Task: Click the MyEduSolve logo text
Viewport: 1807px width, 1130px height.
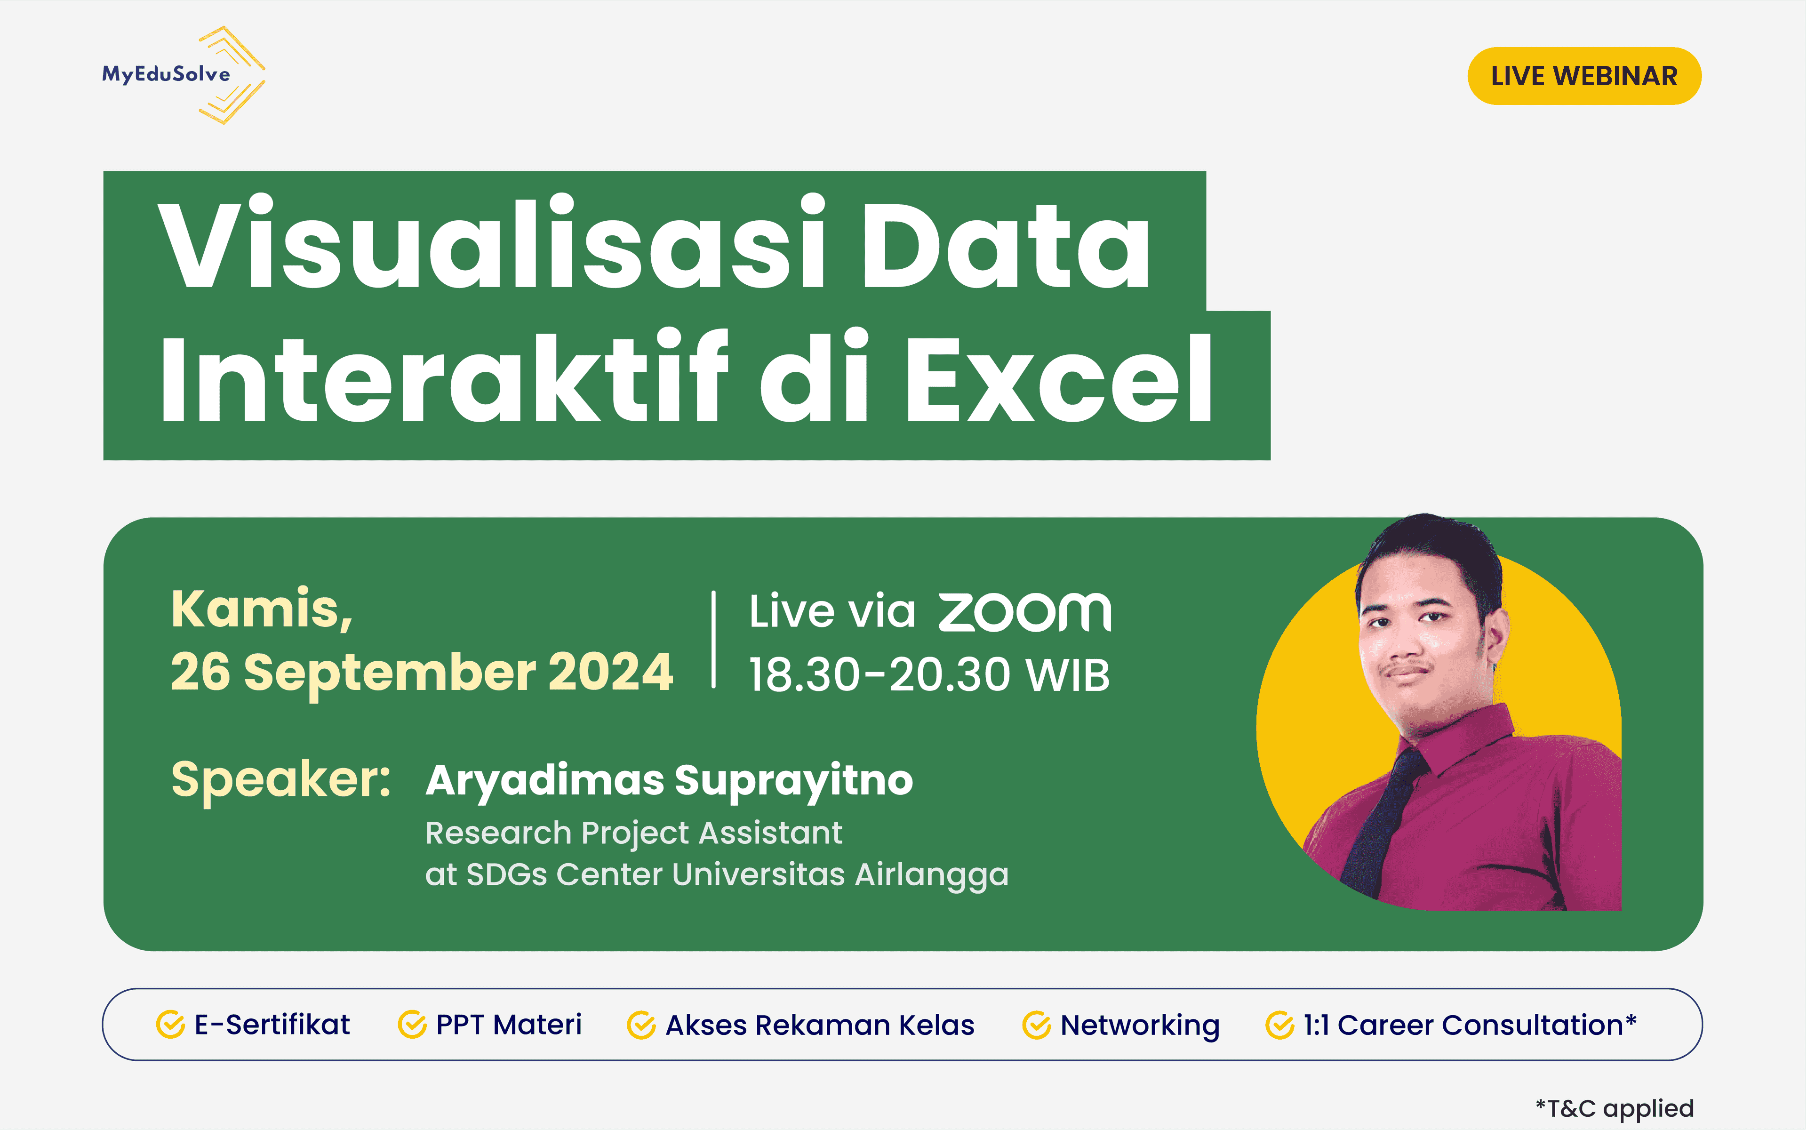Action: [x=166, y=74]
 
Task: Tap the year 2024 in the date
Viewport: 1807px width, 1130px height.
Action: [x=610, y=672]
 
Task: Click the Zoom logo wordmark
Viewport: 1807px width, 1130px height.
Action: [x=1024, y=612]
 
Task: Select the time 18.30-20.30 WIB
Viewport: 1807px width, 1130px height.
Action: [x=929, y=675]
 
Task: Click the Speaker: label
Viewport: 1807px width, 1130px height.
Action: [x=281, y=779]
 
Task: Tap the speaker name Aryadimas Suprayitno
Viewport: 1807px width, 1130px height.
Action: [x=669, y=781]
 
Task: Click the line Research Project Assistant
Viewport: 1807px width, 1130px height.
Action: [x=633, y=833]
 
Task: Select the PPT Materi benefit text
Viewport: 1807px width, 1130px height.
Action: [x=508, y=1025]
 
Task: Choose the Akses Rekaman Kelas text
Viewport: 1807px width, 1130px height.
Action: [x=820, y=1026]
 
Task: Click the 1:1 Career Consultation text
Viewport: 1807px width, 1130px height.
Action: [x=1469, y=1025]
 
